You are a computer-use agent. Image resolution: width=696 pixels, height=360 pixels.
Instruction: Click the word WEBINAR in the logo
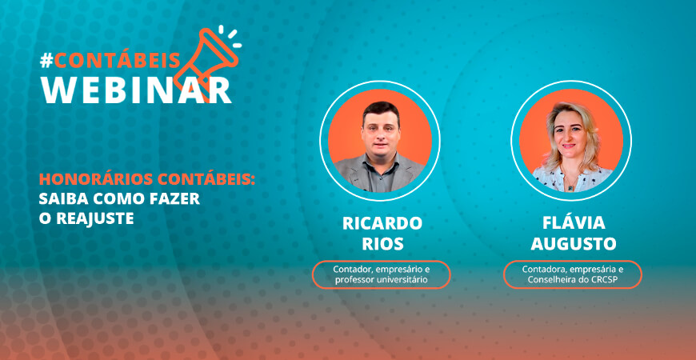pos(136,89)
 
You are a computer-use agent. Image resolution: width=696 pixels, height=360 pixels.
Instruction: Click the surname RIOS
pos(381,242)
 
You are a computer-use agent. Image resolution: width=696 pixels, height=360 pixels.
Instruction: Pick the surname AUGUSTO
pos(573,242)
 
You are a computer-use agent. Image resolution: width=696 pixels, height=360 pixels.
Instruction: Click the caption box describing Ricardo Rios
pos(381,274)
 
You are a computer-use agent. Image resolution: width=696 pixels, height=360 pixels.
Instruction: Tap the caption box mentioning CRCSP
pos(573,274)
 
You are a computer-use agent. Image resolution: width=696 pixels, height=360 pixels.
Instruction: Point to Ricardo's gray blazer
pos(352,170)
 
